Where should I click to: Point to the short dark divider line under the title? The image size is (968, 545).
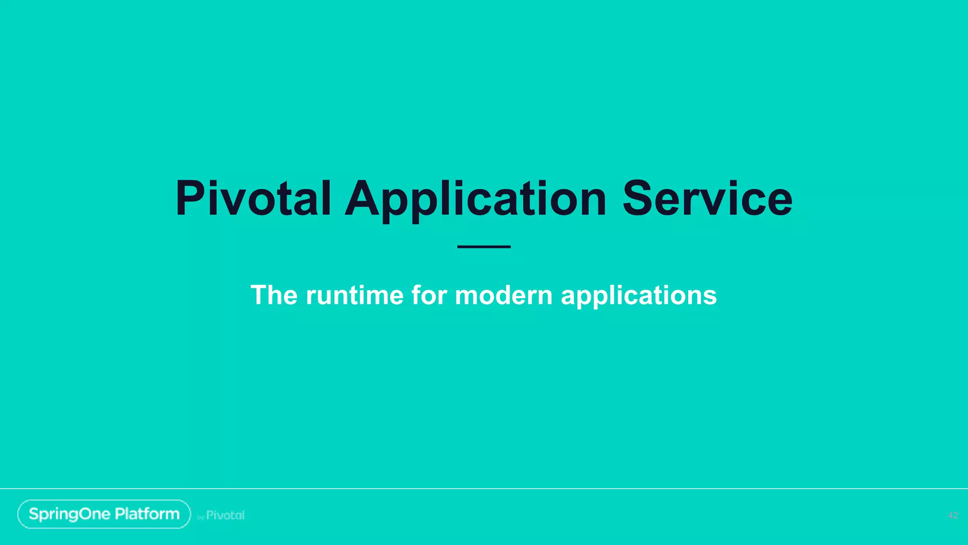pos(484,246)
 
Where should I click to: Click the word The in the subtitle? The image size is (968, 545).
pos(274,295)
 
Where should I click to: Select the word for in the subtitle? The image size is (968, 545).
pos(429,295)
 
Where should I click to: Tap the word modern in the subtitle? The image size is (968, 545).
pos(503,295)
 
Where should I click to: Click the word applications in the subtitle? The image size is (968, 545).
pos(639,296)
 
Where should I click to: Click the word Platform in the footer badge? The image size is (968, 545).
pos(147,514)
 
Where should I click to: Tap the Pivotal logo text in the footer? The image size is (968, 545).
pos(225,515)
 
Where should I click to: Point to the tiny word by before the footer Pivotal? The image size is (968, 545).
pos(200,518)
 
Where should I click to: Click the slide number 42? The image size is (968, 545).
pos(953,515)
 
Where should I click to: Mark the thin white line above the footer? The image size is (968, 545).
pos(484,488)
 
